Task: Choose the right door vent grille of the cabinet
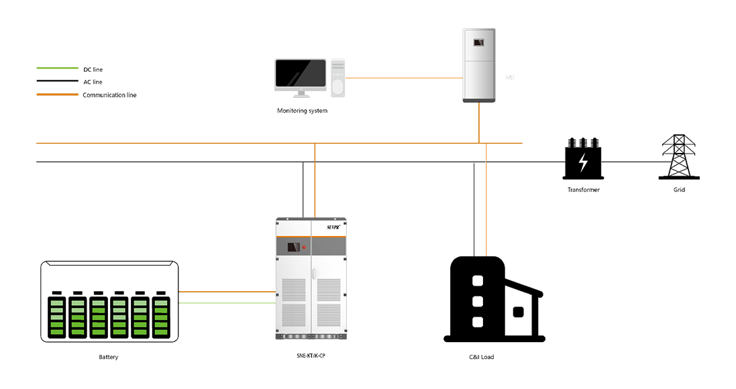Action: (x=329, y=302)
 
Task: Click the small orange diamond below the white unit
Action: (x=486, y=150)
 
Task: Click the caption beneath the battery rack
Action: (x=109, y=358)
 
